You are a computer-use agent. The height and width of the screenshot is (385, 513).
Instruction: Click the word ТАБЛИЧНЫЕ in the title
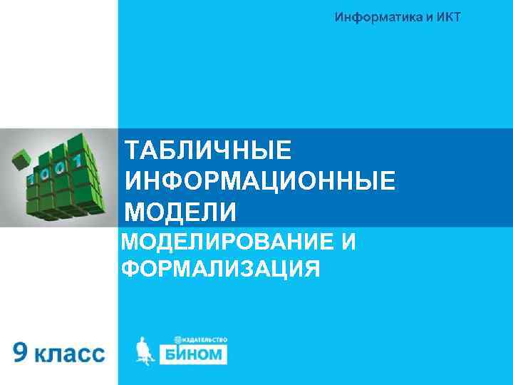tap(207, 151)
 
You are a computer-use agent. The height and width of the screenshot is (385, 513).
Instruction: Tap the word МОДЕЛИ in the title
tap(180, 212)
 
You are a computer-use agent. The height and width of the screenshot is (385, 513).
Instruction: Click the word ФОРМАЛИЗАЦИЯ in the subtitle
tap(220, 269)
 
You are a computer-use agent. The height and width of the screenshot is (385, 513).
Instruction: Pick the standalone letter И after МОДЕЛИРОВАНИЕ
tap(348, 242)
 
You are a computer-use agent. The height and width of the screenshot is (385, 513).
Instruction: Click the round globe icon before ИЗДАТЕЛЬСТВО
tap(177, 341)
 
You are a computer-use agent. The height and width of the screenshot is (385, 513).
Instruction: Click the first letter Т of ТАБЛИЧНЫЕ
tap(131, 151)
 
